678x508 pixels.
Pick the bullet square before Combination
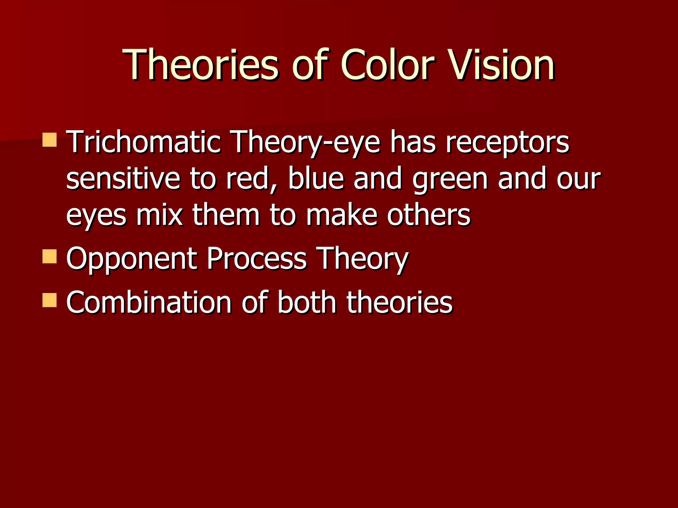pyautogui.click(x=50, y=300)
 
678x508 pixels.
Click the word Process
pyautogui.click(x=257, y=259)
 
